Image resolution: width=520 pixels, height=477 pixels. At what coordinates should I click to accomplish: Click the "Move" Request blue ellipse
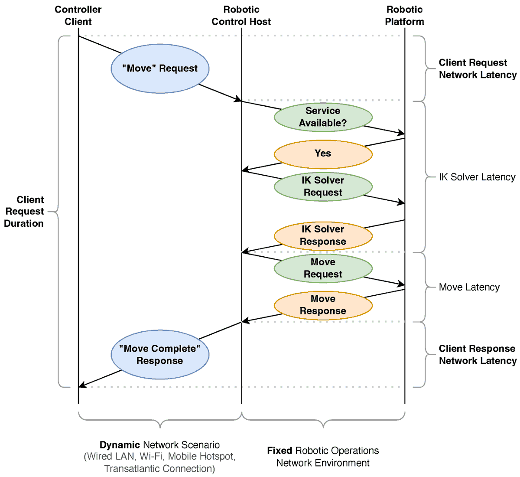coord(160,69)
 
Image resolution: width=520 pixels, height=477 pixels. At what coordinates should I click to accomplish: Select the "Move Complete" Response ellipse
coord(160,354)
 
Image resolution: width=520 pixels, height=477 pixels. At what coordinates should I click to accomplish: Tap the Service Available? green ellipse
coord(323,117)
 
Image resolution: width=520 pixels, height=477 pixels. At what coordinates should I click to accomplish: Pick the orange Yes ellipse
coord(323,154)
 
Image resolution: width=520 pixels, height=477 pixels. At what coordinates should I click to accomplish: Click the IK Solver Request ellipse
coord(323,186)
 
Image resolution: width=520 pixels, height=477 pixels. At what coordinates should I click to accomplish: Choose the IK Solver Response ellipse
coord(323,235)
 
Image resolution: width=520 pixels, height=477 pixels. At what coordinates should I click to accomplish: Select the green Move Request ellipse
coord(323,268)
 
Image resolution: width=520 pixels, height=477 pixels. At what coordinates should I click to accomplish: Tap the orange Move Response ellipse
coord(323,305)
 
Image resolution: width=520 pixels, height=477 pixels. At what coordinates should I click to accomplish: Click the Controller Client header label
coord(78,16)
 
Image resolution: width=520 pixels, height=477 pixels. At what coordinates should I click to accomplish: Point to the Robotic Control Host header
coord(241,16)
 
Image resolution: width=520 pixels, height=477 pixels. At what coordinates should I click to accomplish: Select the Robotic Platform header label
coord(404,16)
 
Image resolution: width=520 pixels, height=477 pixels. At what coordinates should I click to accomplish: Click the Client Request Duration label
coord(24,212)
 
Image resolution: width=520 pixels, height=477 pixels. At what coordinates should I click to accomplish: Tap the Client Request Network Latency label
coord(477,69)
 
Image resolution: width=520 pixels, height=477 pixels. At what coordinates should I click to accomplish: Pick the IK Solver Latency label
coord(477,177)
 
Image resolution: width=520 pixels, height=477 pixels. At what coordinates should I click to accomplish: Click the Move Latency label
coord(469,287)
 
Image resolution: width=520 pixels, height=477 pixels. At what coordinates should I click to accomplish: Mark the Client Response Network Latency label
coord(477,355)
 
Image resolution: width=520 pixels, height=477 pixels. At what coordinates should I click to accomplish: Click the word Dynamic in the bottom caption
coord(120,445)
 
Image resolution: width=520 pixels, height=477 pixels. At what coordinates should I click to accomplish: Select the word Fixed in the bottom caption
coord(279,451)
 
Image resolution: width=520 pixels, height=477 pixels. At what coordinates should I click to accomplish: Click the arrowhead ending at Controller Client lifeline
coord(82,385)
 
